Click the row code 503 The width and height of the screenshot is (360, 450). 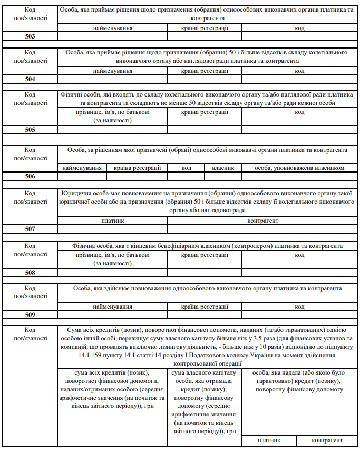(30, 36)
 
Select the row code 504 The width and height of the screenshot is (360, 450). (30, 79)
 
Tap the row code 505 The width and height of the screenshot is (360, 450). (30, 129)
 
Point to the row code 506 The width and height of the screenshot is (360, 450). (30, 176)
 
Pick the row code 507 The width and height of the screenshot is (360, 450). (30, 229)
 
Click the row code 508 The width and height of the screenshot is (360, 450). (30, 273)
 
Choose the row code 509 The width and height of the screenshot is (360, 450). (30, 315)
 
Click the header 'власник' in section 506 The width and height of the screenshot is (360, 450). (223, 168)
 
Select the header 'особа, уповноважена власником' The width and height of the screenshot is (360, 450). (299, 168)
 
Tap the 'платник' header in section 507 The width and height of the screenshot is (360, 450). (112, 221)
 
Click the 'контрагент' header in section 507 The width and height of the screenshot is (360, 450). (262, 221)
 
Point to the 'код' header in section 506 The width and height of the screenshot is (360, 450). (186, 168)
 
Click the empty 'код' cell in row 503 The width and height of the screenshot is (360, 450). (299, 36)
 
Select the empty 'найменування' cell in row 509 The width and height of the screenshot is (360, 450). (112, 315)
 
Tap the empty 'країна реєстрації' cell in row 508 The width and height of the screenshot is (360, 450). (205, 273)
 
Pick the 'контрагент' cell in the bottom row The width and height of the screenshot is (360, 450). (327, 440)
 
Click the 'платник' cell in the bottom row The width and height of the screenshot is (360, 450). (269, 440)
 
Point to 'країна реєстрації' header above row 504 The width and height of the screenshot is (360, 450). (205, 71)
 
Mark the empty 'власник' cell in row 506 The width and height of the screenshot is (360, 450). (223, 176)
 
